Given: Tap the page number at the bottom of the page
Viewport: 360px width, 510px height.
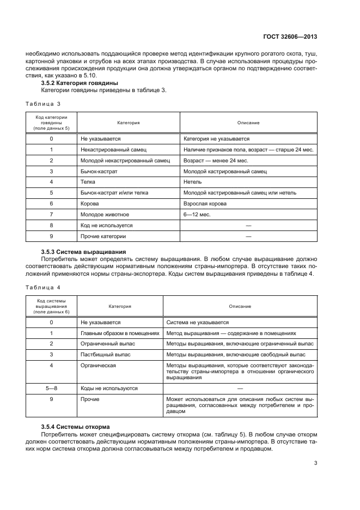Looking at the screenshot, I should pos(315,463).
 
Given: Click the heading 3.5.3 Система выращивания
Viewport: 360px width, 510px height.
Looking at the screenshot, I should pos(84,252).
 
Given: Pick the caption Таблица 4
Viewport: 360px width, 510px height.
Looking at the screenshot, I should pos(43,286).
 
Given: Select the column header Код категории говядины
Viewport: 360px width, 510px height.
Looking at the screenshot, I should pos(51,123).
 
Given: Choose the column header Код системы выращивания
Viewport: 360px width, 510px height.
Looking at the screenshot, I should pos(51,306).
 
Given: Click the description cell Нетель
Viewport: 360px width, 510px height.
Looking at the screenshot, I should pos(193,182).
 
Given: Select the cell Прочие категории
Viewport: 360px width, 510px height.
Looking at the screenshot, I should pos(103,236).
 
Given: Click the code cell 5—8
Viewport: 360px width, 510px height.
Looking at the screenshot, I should pos(51,388).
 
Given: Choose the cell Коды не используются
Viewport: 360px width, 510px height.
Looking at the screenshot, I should pos(109,388).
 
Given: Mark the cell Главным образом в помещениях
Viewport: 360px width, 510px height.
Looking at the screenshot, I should pos(120,333).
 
